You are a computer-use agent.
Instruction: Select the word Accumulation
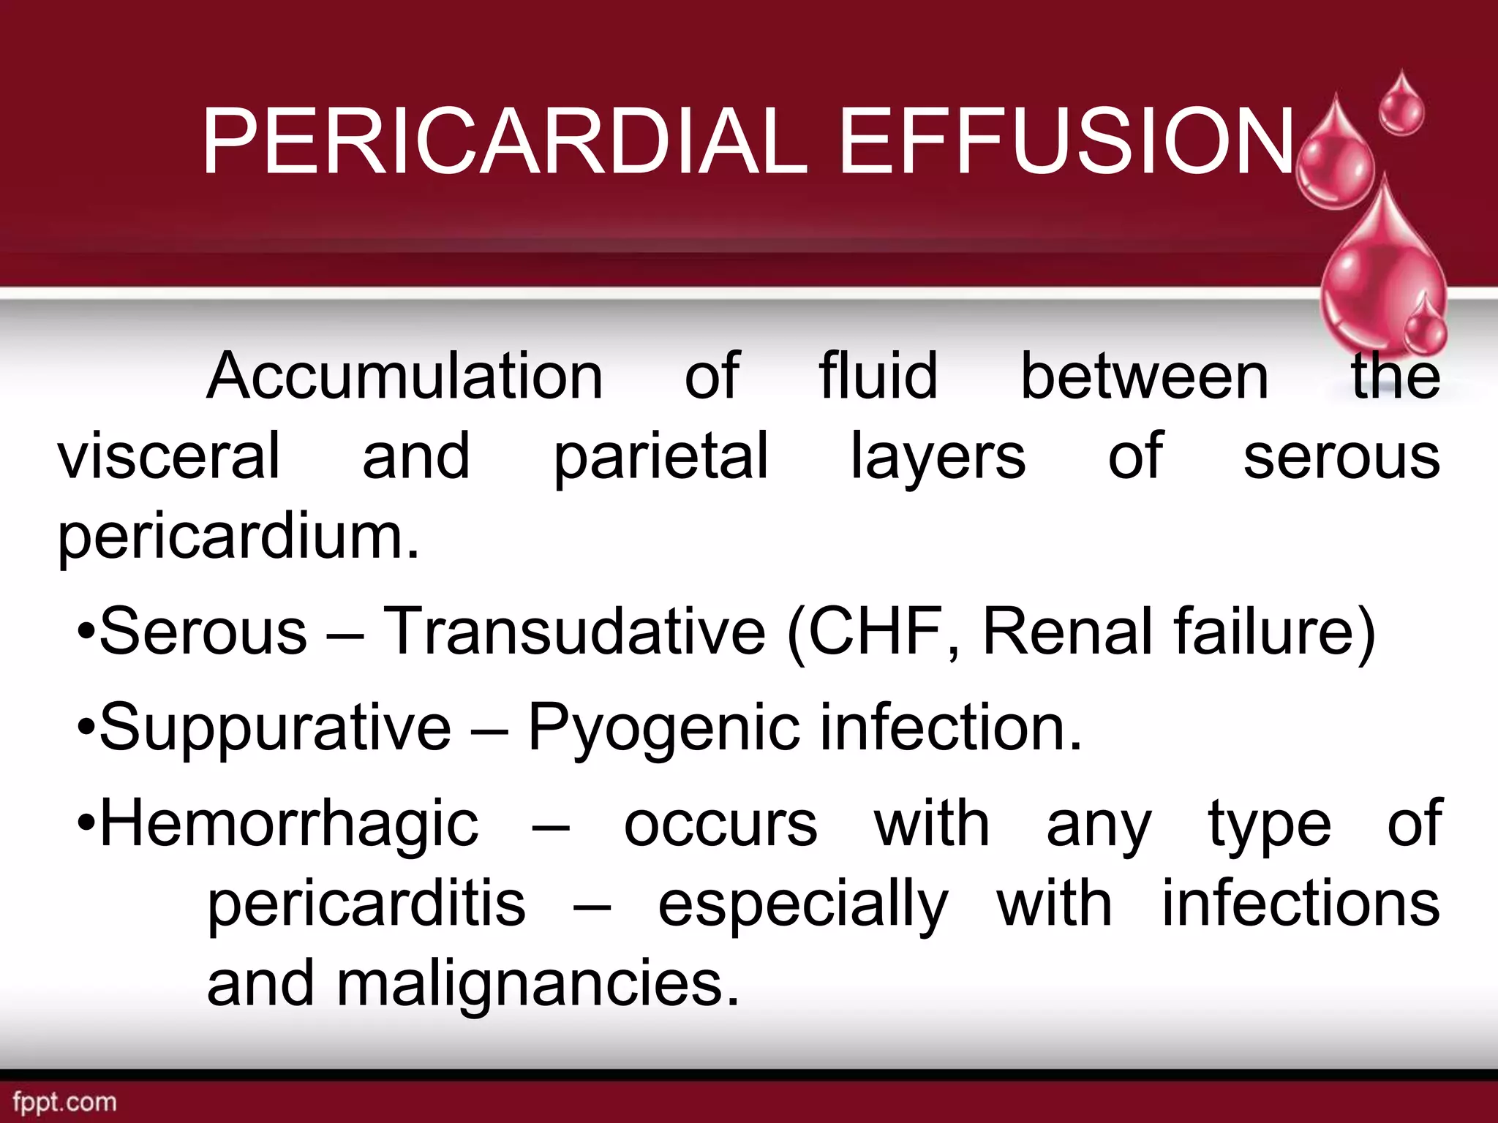click(x=404, y=376)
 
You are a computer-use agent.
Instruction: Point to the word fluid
click(x=878, y=376)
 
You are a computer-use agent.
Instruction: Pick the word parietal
click(x=660, y=457)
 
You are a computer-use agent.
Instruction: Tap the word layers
click(x=938, y=457)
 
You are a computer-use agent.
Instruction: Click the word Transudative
click(x=575, y=631)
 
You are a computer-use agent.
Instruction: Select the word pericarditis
click(x=366, y=905)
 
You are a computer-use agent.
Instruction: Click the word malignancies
click(x=538, y=985)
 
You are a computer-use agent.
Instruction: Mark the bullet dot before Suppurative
click(x=86, y=728)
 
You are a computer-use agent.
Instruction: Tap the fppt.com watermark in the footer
click(x=64, y=1101)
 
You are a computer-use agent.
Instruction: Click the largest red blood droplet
click(x=1382, y=271)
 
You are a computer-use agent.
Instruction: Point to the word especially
click(x=803, y=905)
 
